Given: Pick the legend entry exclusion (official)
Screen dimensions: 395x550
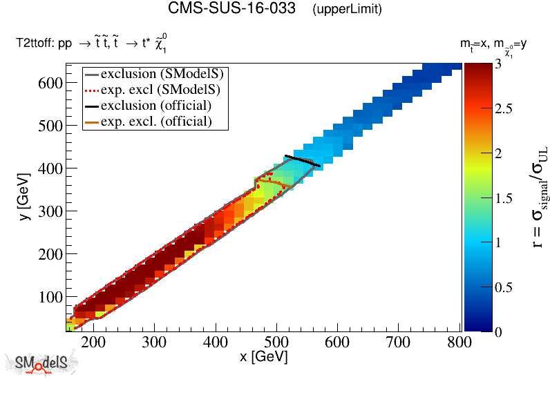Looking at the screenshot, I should pos(155,106).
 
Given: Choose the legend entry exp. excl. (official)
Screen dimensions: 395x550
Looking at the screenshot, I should pos(155,122).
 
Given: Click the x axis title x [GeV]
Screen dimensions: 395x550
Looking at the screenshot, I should pos(264,358).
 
